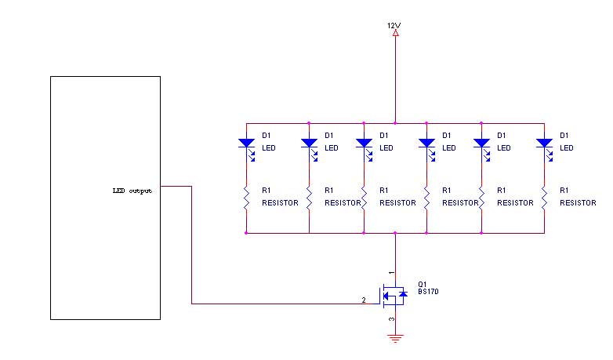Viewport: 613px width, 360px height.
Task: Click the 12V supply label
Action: click(394, 25)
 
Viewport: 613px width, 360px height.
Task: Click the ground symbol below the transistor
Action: click(395, 339)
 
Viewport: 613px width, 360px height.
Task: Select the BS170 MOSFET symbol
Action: click(394, 295)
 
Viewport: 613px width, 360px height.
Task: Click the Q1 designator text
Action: click(423, 283)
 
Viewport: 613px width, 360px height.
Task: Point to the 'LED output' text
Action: click(132, 191)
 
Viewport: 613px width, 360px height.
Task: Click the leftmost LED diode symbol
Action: click(246, 144)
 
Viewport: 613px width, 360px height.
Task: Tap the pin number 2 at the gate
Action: click(363, 300)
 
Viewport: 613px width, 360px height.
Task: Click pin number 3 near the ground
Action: click(390, 320)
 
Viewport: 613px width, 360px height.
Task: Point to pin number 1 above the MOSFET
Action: click(390, 271)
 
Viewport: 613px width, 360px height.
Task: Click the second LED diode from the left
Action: click(309, 144)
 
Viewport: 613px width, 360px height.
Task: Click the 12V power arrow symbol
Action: click(395, 34)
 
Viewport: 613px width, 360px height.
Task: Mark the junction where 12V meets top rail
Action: click(395, 122)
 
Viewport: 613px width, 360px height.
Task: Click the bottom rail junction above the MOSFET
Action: click(395, 233)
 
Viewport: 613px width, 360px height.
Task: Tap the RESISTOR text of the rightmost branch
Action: click(579, 202)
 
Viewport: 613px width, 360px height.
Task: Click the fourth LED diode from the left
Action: click(426, 144)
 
